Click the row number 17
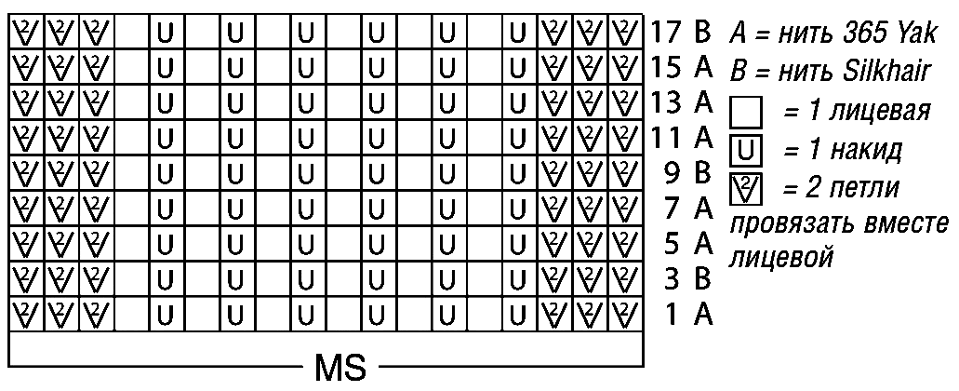[668, 32]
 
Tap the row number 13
[668, 102]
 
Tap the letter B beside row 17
[702, 32]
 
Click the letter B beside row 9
[702, 174]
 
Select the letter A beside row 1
[703, 315]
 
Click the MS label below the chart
[340, 367]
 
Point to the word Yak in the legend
[914, 34]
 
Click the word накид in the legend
[865, 151]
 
